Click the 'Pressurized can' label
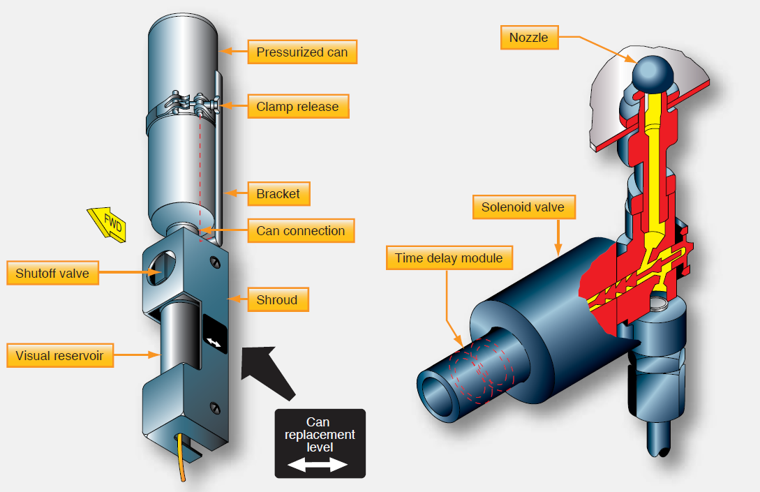tap(301, 52)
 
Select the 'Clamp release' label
tap(297, 107)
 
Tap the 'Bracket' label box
tap(278, 194)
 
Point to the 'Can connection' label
tap(300, 231)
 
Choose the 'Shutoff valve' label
tap(52, 273)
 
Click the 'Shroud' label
tap(277, 300)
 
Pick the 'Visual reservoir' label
tap(59, 356)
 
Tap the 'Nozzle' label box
tap(529, 38)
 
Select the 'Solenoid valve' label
tap(523, 207)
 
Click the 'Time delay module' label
tap(449, 258)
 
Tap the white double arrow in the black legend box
tap(319, 465)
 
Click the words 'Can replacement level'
tap(320, 434)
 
